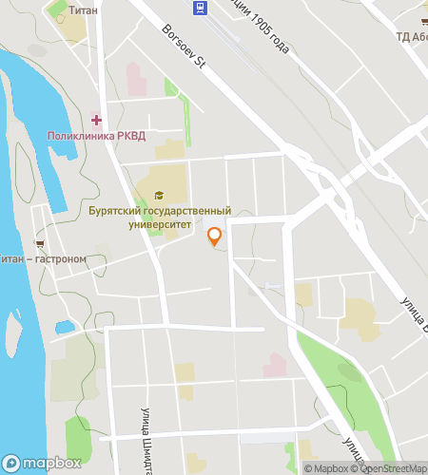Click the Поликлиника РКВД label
[x=96, y=136]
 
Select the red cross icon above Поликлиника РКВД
[x=96, y=120]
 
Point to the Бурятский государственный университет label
[x=159, y=218]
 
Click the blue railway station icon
[x=200, y=9]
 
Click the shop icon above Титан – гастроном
[x=39, y=243]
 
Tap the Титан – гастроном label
[x=44, y=258]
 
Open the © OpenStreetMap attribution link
[x=390, y=467]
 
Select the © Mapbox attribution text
[x=326, y=467]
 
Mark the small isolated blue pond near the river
[x=65, y=328]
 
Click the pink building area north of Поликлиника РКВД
[x=136, y=79]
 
